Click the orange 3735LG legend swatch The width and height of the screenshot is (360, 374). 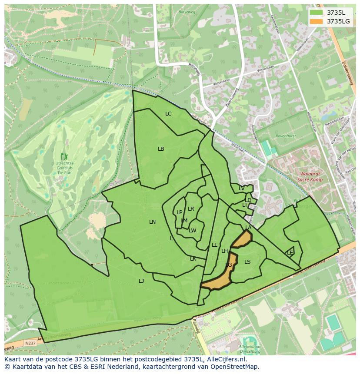point(316,21)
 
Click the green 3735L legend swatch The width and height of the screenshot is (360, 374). point(316,13)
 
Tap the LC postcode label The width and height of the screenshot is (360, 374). point(168,114)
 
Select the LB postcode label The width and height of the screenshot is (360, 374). point(161,149)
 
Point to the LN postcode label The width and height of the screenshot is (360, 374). point(152,222)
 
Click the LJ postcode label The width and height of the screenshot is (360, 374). point(141,281)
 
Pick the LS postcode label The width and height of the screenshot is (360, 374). point(247,262)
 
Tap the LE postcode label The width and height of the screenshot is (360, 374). point(290,252)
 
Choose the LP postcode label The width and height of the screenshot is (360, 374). point(179,212)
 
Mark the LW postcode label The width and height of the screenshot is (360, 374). point(193,231)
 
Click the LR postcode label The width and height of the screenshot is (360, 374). point(191,209)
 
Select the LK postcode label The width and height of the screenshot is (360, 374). point(193,259)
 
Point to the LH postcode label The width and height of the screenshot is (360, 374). point(224,251)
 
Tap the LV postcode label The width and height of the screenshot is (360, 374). point(241,189)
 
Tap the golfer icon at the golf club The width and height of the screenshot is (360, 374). point(65,156)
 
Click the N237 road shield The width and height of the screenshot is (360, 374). point(30,343)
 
